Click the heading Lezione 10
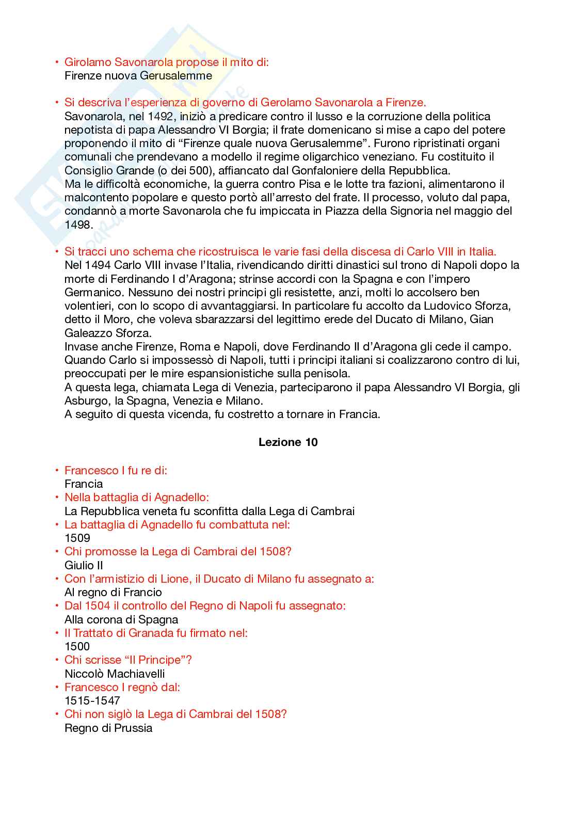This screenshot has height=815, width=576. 288,442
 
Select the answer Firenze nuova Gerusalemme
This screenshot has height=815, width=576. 138,76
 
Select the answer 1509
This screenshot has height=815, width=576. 77,538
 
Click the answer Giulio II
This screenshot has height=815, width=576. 84,566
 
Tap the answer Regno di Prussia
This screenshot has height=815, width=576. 108,728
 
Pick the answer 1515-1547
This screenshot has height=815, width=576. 92,701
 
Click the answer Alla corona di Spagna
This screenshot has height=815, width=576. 121,620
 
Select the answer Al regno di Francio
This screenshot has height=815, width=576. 113,593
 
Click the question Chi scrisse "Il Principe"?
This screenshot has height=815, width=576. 128,660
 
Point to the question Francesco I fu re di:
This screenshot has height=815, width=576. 116,471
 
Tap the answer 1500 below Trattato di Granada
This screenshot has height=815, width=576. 77,647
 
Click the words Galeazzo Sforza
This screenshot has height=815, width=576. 108,333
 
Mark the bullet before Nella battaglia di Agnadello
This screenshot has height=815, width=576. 57,498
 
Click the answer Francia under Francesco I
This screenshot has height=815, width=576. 84,484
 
